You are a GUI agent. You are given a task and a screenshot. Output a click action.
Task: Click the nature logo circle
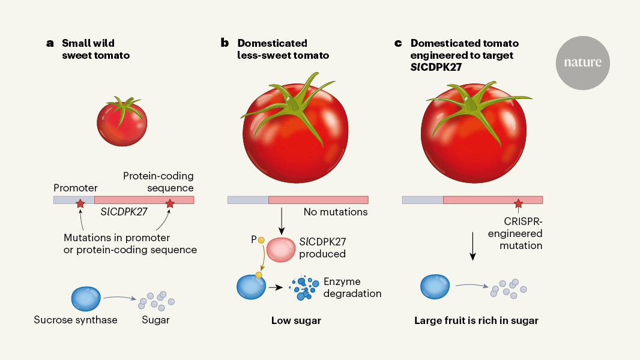click(x=582, y=62)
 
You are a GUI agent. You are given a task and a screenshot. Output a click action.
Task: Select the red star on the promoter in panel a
click(x=80, y=205)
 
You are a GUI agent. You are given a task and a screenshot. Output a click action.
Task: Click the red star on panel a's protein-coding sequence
click(x=170, y=204)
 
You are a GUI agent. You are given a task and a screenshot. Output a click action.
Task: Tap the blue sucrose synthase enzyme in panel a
click(x=86, y=296)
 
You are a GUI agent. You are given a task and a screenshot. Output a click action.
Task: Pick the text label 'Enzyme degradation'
click(x=352, y=287)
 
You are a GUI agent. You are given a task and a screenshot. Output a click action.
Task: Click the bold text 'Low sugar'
click(x=296, y=320)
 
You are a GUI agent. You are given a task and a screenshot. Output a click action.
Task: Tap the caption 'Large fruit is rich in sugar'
click(x=476, y=320)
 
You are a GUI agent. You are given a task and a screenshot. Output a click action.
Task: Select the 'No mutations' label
click(x=336, y=212)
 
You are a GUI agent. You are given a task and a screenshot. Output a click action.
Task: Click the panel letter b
click(x=225, y=43)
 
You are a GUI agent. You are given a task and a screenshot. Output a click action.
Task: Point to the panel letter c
click(x=397, y=43)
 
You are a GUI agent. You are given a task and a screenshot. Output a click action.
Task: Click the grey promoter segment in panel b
click(x=248, y=200)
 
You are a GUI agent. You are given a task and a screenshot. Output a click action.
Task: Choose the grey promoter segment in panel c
click(x=423, y=200)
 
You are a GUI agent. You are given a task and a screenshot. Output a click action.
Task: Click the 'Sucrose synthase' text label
click(x=76, y=320)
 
